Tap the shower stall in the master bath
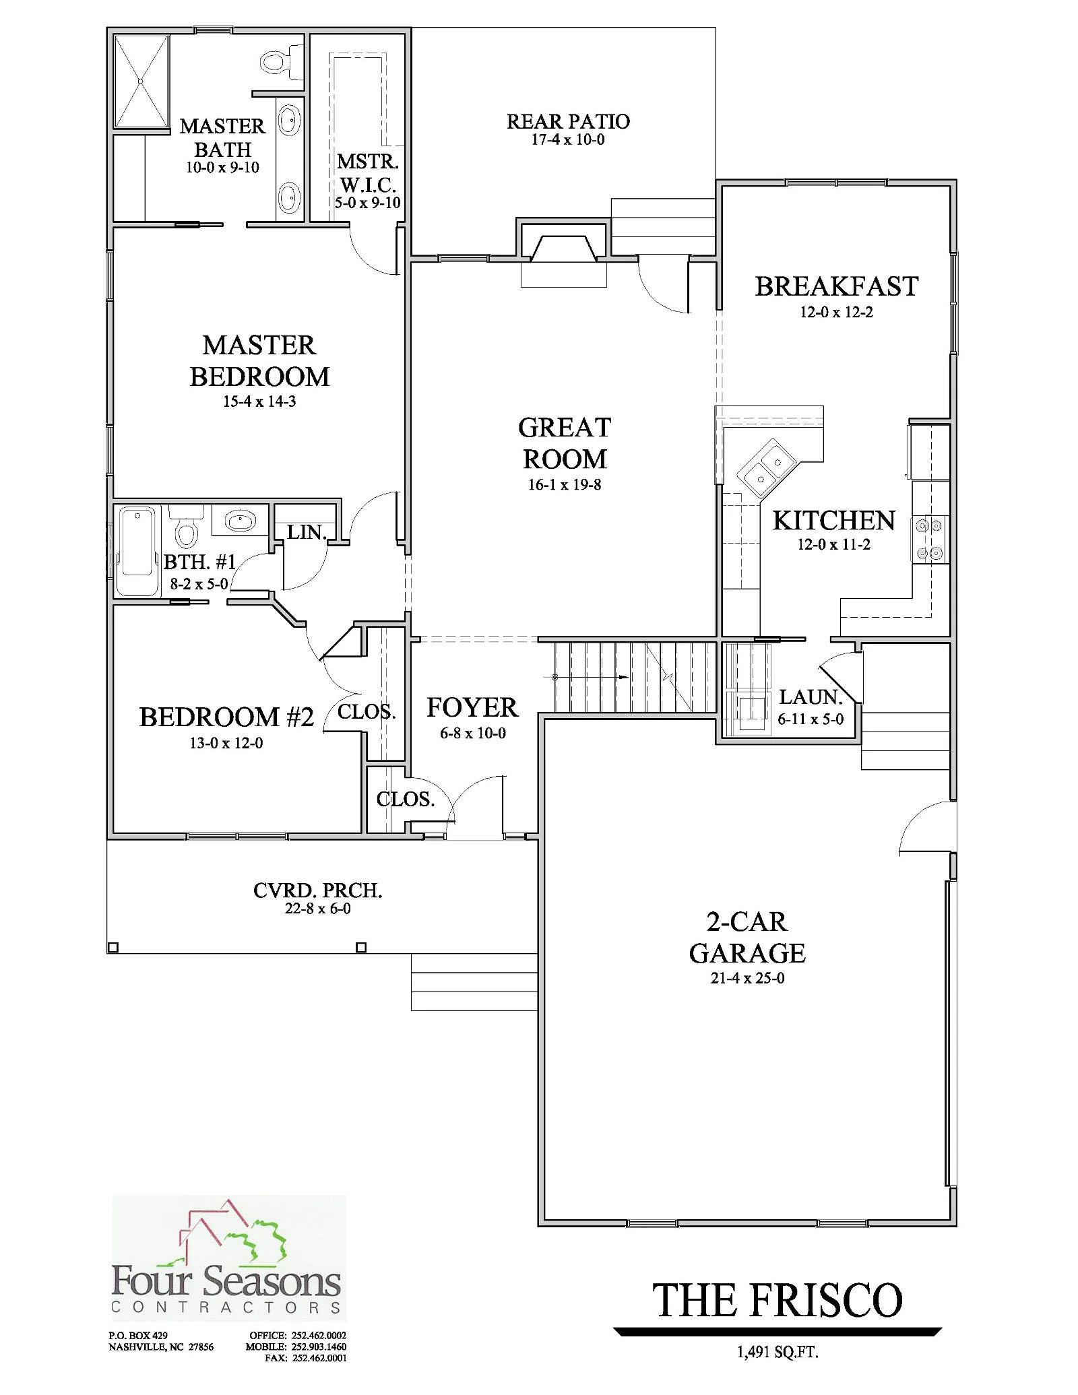point(141,81)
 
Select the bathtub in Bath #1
point(137,551)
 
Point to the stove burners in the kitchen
point(930,538)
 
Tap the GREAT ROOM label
point(565,443)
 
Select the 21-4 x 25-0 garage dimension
point(747,978)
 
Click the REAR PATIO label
point(568,121)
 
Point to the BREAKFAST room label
point(836,286)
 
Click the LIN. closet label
point(307,532)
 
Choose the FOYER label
point(472,707)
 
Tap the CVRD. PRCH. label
point(317,890)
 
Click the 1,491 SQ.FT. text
point(777,1352)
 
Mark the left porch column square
point(113,947)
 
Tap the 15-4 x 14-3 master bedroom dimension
point(259,401)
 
